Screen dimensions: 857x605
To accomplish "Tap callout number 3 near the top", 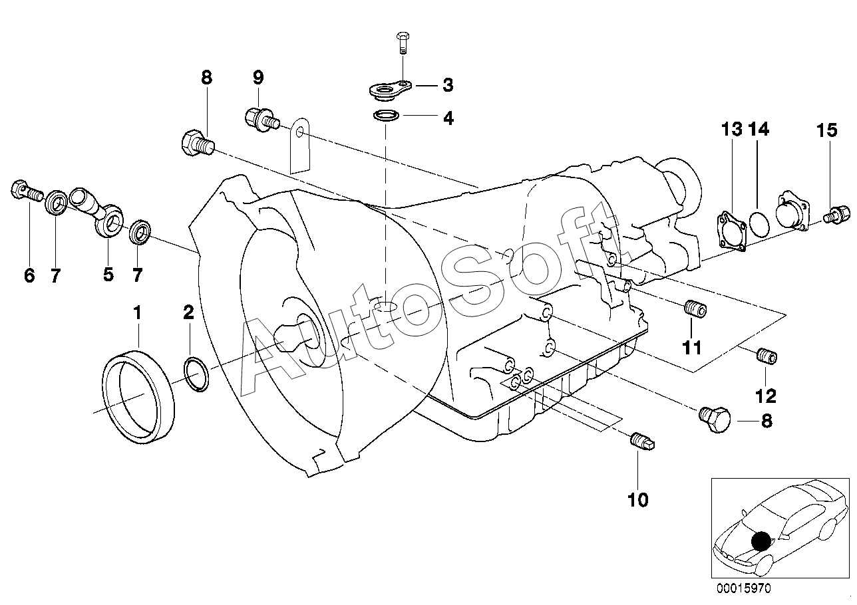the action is point(448,85).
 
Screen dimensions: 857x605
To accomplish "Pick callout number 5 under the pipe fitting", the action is point(108,275).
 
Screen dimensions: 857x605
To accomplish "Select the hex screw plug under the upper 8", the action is point(197,144).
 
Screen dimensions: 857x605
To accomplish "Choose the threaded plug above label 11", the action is point(695,308).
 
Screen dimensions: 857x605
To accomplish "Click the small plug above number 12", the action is point(767,356).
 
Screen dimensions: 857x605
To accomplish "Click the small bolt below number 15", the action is point(836,215).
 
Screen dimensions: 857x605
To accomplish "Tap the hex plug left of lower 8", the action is point(715,419).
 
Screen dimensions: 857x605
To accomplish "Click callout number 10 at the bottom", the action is point(638,499).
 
